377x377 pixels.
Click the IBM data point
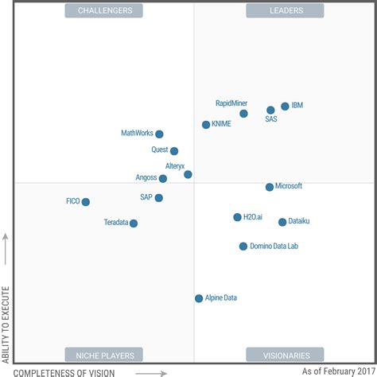pos(285,106)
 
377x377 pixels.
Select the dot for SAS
pos(270,111)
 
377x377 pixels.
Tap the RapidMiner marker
pos(243,114)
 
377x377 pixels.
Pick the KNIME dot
pos(206,125)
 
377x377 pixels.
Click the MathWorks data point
pos(159,134)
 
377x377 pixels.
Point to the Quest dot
pos(174,151)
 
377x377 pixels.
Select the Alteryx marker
pos(188,174)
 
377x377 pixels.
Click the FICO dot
pos(86,202)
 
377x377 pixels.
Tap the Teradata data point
pos(134,223)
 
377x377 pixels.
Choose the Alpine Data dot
pos(199,298)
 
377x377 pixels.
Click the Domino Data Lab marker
pos(243,247)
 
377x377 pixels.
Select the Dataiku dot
pos(282,222)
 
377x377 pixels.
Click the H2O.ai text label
pos(253,216)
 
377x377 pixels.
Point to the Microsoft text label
pos(289,186)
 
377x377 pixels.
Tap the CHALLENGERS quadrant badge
pos(105,10)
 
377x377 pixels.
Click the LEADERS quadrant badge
pos(274,10)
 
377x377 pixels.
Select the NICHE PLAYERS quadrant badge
pos(104,355)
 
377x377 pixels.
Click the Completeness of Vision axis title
pos(64,372)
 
